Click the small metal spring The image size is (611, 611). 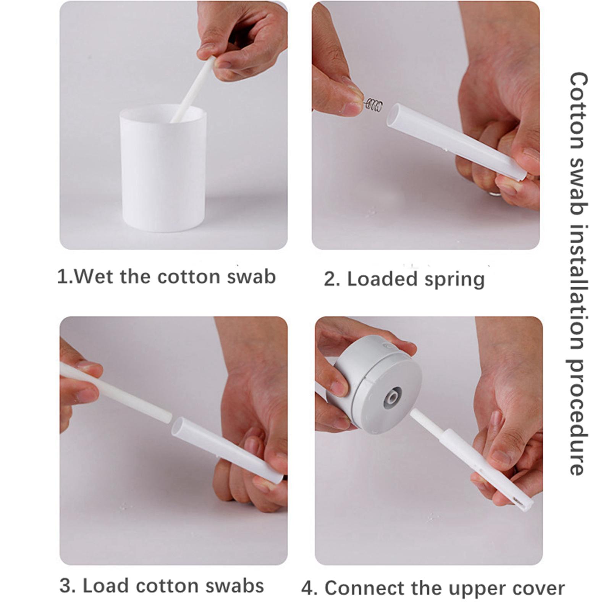[373, 105]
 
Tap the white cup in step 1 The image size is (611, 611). [163, 168]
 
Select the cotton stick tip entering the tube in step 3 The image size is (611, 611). [166, 416]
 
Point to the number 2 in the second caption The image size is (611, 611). [329, 280]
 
